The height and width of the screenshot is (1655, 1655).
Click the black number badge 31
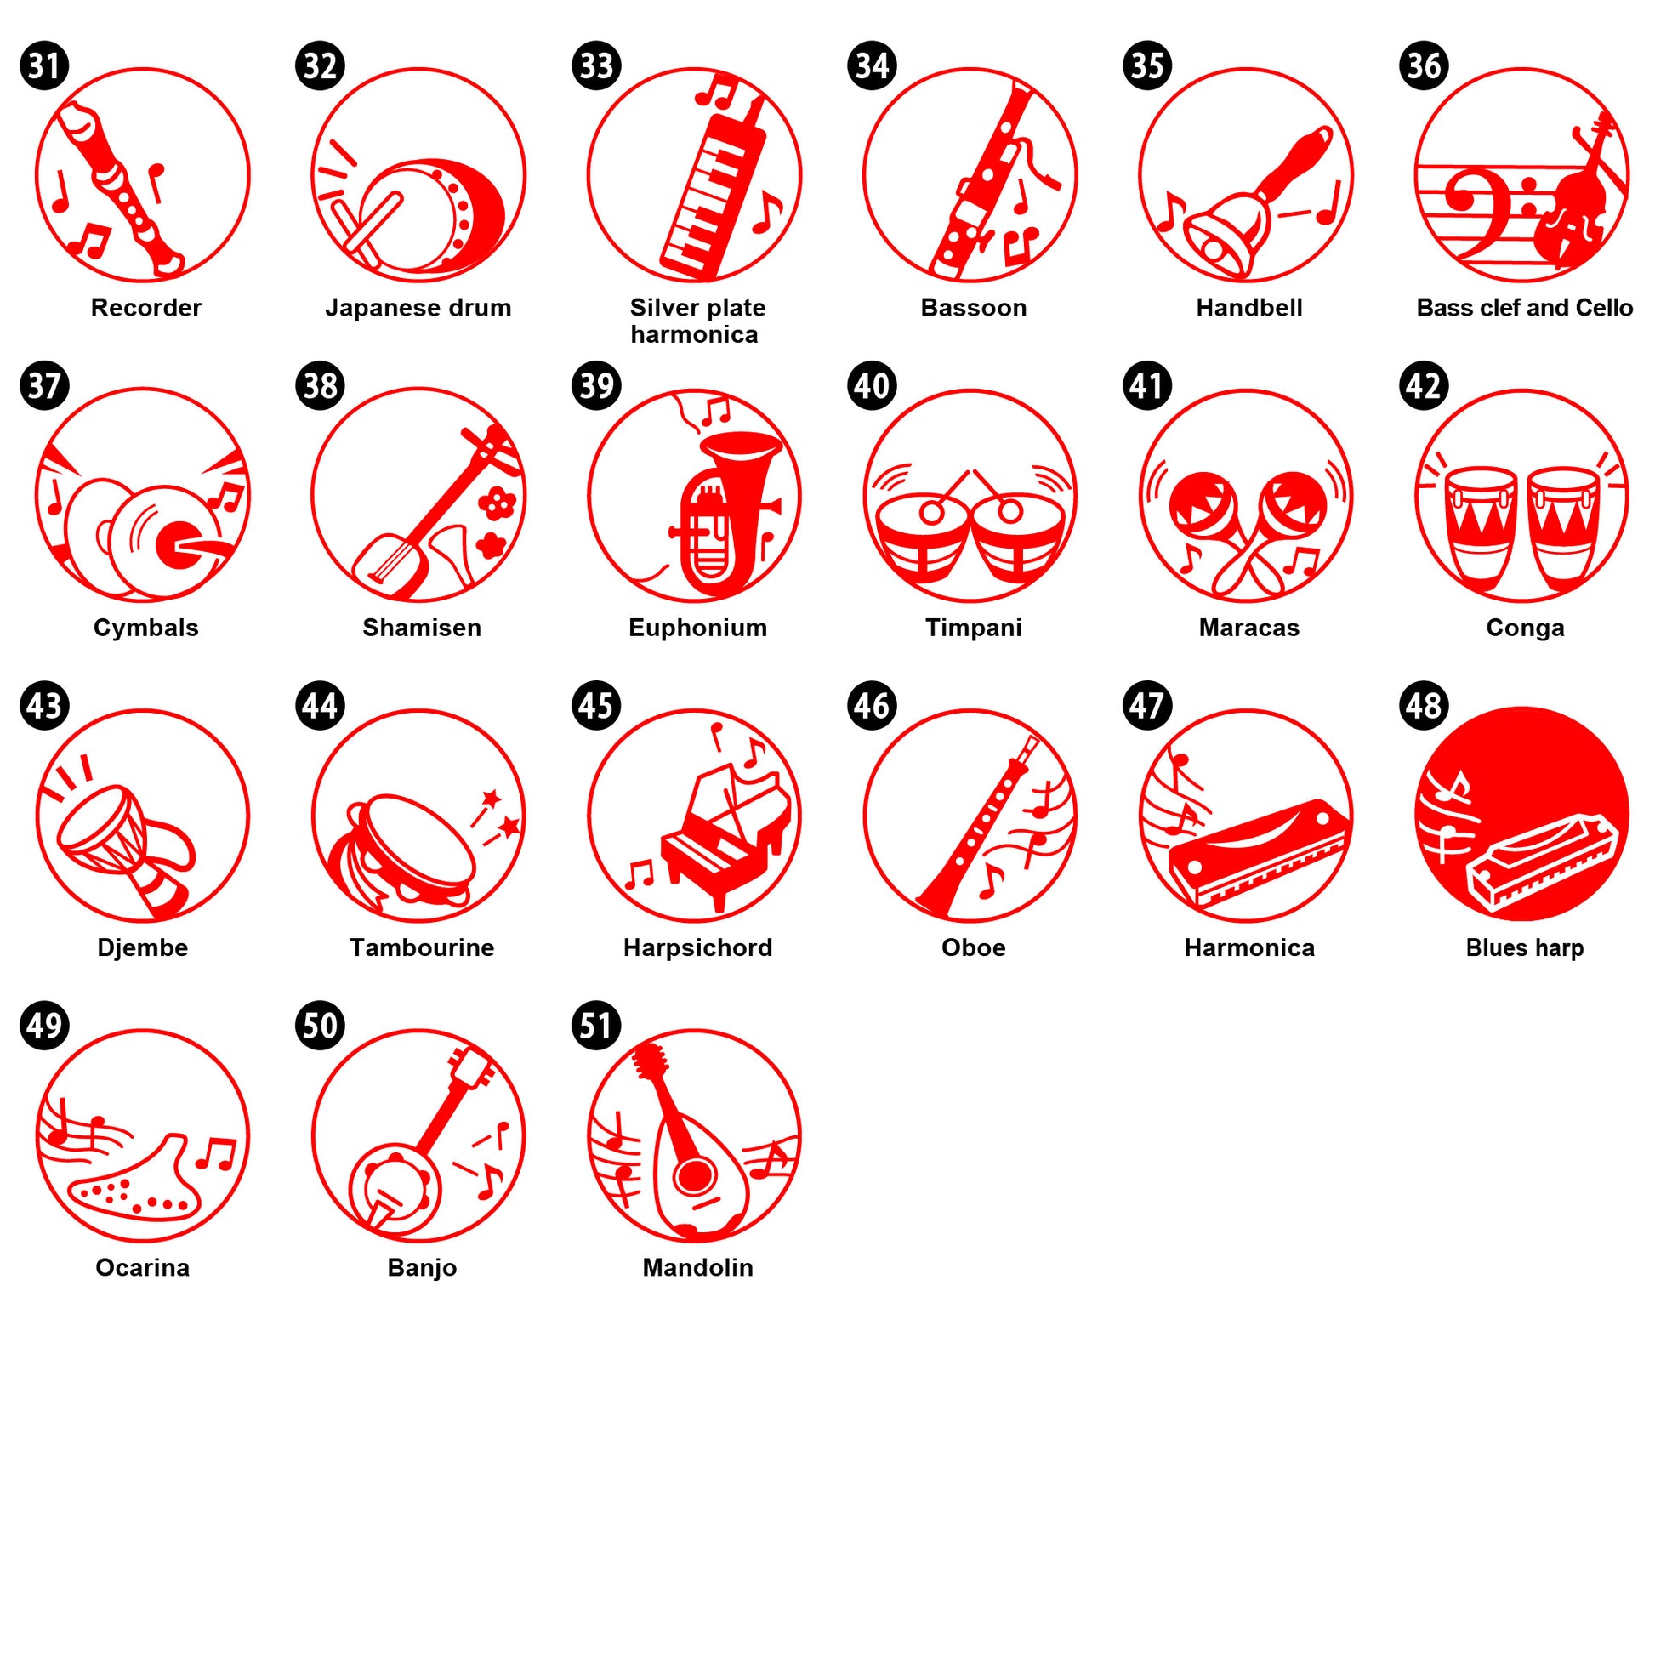[x=43, y=66]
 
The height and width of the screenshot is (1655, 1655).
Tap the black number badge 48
[x=1423, y=706]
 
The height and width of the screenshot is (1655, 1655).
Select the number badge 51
[x=596, y=1026]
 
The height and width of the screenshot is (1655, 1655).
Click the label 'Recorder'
[x=146, y=308]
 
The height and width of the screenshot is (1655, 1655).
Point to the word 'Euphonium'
[x=697, y=628]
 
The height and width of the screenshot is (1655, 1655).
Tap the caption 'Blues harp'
[x=1525, y=947]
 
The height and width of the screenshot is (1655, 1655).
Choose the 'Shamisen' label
[x=422, y=628]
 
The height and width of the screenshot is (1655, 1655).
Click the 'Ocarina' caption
[x=142, y=1267]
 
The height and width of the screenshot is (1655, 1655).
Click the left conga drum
[x=1480, y=526]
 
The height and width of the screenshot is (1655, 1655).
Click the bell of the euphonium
[x=741, y=446]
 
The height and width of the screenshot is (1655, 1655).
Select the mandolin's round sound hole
[x=694, y=1176]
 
